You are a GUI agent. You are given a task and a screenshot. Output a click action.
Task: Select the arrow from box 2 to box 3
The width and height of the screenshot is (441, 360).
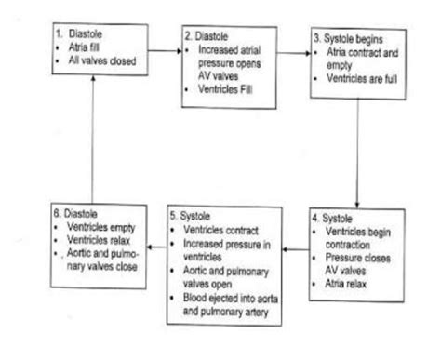click(294, 54)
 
